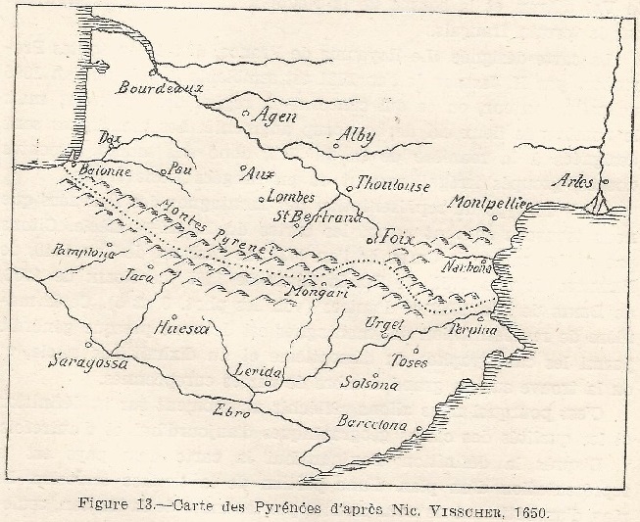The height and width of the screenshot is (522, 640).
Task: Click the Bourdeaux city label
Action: [159, 88]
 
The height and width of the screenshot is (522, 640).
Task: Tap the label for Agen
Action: [274, 116]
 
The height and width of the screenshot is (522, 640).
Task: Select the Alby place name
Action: [355, 136]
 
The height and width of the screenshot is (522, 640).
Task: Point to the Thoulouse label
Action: [393, 185]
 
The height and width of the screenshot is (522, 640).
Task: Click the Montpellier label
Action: [489, 203]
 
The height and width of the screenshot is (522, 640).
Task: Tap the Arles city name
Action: [572, 180]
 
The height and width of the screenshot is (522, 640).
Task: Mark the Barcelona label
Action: [371, 424]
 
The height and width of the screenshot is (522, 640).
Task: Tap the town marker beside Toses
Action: [416, 350]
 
